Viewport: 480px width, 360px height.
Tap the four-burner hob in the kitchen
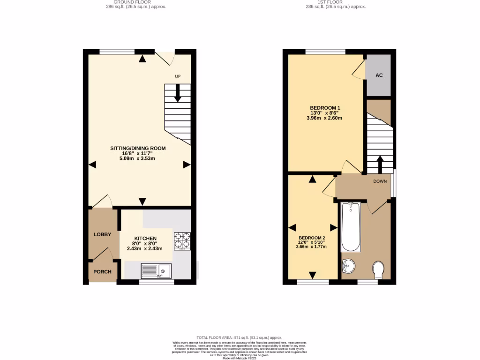tap(182, 240)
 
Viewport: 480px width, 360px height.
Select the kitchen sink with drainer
tap(157, 270)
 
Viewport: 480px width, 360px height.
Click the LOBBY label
tap(102, 234)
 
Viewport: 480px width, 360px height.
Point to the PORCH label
tap(102, 272)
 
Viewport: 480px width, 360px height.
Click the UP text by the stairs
tap(178, 76)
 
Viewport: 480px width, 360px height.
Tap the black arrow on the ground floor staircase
tap(178, 93)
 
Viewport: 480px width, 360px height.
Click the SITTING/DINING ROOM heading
tap(138, 148)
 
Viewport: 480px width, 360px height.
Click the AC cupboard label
tap(378, 75)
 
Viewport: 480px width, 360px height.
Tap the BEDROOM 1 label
tap(325, 108)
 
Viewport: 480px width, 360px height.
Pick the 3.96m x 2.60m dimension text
tap(325, 118)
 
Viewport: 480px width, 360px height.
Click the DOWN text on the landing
tap(380, 181)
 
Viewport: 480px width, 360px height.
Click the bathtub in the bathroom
tap(350, 227)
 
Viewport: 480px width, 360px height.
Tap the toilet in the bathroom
tap(378, 270)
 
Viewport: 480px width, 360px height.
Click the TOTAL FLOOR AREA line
tap(240, 337)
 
